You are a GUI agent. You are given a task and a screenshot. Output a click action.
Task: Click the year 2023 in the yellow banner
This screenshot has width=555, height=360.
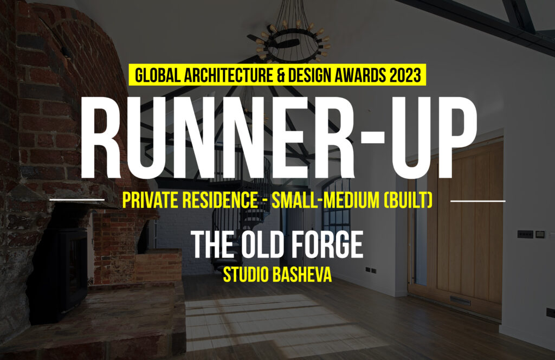pos(405,75)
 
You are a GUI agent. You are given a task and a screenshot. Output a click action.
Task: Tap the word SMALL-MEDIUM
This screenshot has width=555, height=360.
pos(325,200)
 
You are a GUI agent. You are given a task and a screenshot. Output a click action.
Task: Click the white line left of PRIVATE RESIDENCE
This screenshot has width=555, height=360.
pos(77,200)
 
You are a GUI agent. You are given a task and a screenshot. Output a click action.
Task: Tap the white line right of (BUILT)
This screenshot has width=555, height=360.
pos(478,201)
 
